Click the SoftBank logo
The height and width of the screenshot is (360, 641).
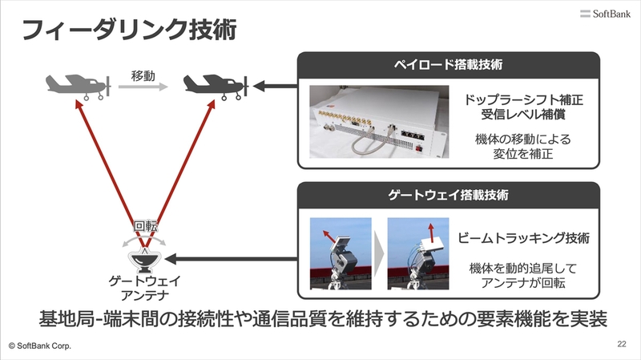(x=605, y=14)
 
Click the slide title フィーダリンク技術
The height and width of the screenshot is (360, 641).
(x=129, y=30)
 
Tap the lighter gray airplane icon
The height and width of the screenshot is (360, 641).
(x=79, y=87)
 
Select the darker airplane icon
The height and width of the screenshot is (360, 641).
(x=216, y=87)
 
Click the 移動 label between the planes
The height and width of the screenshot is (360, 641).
(x=143, y=76)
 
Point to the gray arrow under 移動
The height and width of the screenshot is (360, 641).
(x=143, y=87)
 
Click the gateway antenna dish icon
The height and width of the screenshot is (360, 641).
(x=144, y=261)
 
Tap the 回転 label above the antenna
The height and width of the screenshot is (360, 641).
(x=146, y=226)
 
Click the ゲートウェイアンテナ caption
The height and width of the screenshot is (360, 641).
(x=145, y=288)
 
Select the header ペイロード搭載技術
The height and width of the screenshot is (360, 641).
(x=448, y=65)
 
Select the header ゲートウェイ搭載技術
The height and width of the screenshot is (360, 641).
(x=448, y=195)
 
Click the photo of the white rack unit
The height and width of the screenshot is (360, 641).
(x=379, y=122)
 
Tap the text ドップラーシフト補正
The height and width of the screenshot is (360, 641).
(x=523, y=99)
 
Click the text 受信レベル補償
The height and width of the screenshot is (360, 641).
(x=523, y=114)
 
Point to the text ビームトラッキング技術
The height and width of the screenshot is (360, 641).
(x=523, y=237)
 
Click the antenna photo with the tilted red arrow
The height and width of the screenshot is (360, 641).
(x=341, y=253)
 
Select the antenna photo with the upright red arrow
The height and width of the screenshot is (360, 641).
(x=417, y=253)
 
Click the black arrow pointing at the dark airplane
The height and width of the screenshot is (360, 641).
(x=275, y=87)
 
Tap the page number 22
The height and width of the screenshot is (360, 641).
(x=622, y=344)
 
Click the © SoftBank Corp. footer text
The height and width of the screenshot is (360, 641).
(x=39, y=346)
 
